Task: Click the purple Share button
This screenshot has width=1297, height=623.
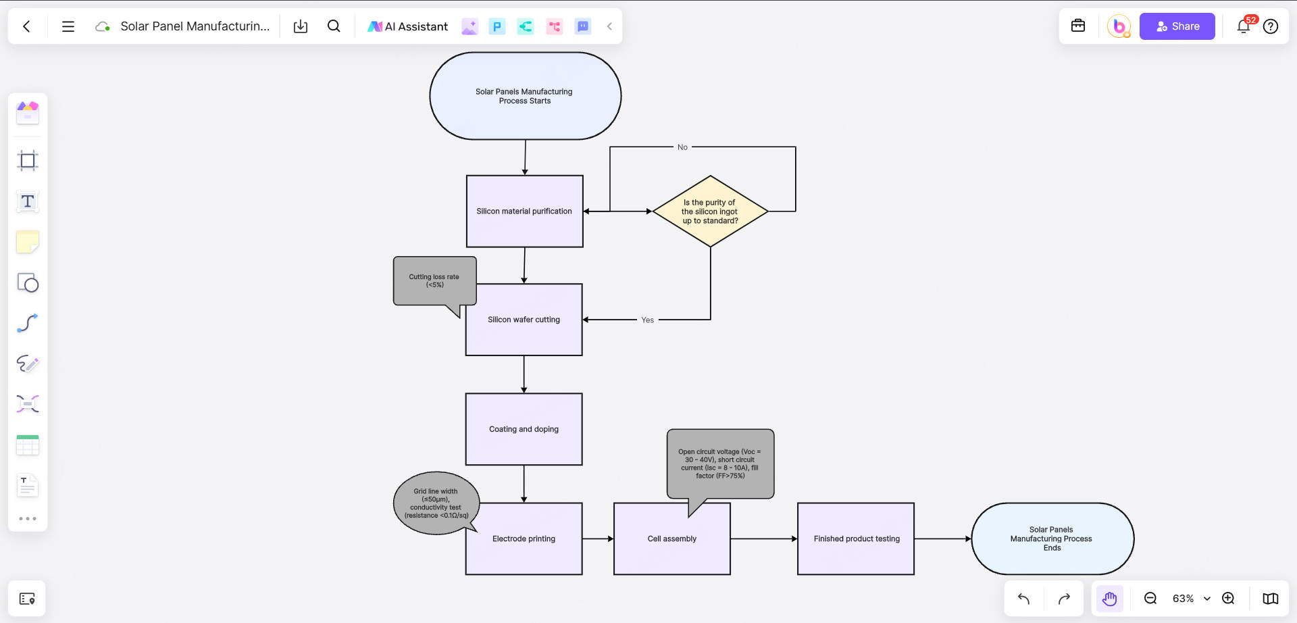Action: [x=1177, y=26]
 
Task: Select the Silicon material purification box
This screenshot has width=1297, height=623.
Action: [x=524, y=211]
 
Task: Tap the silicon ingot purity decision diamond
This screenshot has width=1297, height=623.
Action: [x=710, y=211]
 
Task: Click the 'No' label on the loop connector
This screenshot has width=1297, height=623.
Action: [x=682, y=147]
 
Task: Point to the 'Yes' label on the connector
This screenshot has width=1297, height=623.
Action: [x=647, y=320]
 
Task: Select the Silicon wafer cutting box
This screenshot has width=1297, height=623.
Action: [x=524, y=320]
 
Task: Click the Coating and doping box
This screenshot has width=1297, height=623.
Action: [x=524, y=429]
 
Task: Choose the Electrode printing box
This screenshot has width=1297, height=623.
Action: [x=524, y=539]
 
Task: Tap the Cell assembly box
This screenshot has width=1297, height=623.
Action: [x=671, y=539]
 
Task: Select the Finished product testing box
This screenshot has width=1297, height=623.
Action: [x=856, y=539]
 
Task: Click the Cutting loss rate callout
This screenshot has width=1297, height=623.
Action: [x=434, y=281]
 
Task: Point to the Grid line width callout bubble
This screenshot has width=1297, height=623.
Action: [x=436, y=503]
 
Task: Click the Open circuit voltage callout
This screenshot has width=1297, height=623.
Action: [x=719, y=464]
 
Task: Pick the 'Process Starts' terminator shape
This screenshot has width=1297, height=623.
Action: [x=525, y=96]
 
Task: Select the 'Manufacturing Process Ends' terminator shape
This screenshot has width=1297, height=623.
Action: [x=1052, y=539]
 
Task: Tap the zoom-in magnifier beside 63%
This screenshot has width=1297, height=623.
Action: [x=1228, y=599]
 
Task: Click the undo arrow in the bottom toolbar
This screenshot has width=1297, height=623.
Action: [x=1023, y=599]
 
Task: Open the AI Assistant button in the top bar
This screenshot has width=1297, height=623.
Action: [x=407, y=26]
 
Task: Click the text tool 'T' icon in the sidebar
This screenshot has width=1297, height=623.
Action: [x=28, y=201]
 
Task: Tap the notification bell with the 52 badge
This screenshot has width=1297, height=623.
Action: [x=1243, y=26]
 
